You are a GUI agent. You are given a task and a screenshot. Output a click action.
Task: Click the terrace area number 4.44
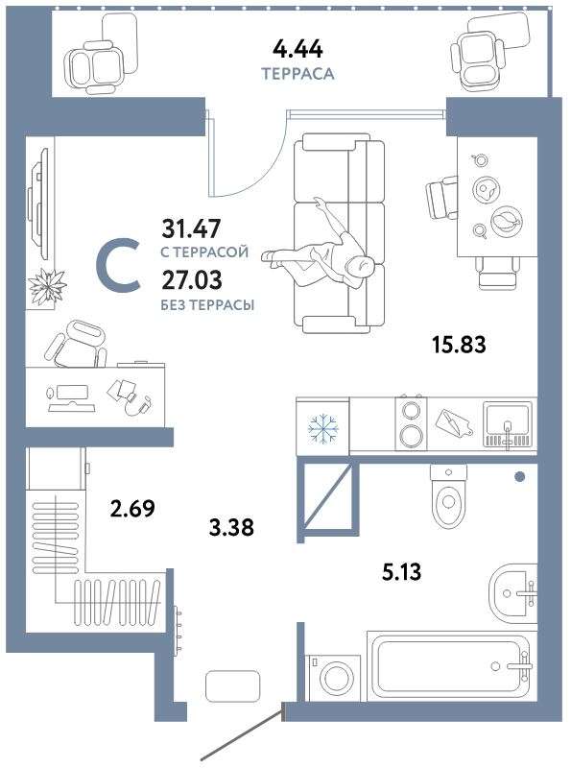click(297, 50)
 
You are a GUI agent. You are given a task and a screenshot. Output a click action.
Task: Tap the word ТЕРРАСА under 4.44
click(297, 74)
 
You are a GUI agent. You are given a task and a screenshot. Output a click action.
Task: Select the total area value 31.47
click(192, 228)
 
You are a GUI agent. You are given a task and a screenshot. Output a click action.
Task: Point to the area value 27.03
click(192, 279)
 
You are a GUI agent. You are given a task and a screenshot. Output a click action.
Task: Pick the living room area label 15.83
click(459, 345)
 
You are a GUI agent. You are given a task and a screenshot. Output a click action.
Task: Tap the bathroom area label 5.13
click(401, 571)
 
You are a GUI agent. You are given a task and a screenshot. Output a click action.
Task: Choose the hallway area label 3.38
click(230, 527)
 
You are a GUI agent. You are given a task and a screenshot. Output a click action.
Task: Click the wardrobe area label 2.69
click(132, 509)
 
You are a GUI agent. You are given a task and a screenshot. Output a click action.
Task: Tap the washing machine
click(332, 679)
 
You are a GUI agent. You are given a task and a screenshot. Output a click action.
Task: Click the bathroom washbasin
click(512, 593)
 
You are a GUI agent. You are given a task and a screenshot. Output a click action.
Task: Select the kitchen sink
click(508, 425)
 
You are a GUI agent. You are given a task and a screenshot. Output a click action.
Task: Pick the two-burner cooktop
click(411, 423)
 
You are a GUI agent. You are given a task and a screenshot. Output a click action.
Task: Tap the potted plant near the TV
click(47, 286)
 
